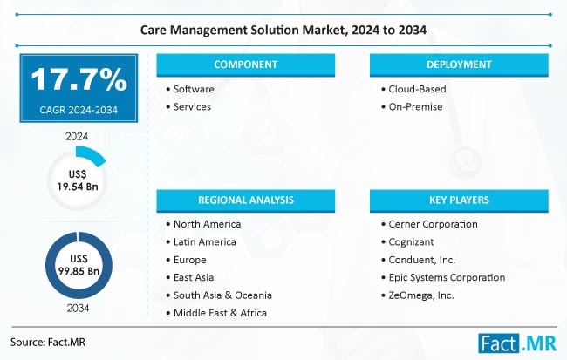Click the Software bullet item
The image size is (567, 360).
point(194,90)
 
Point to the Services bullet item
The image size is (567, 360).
point(193,107)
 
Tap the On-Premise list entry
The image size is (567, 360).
point(417,107)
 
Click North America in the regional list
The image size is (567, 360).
point(208,224)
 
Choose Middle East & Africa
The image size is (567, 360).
point(220,313)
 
